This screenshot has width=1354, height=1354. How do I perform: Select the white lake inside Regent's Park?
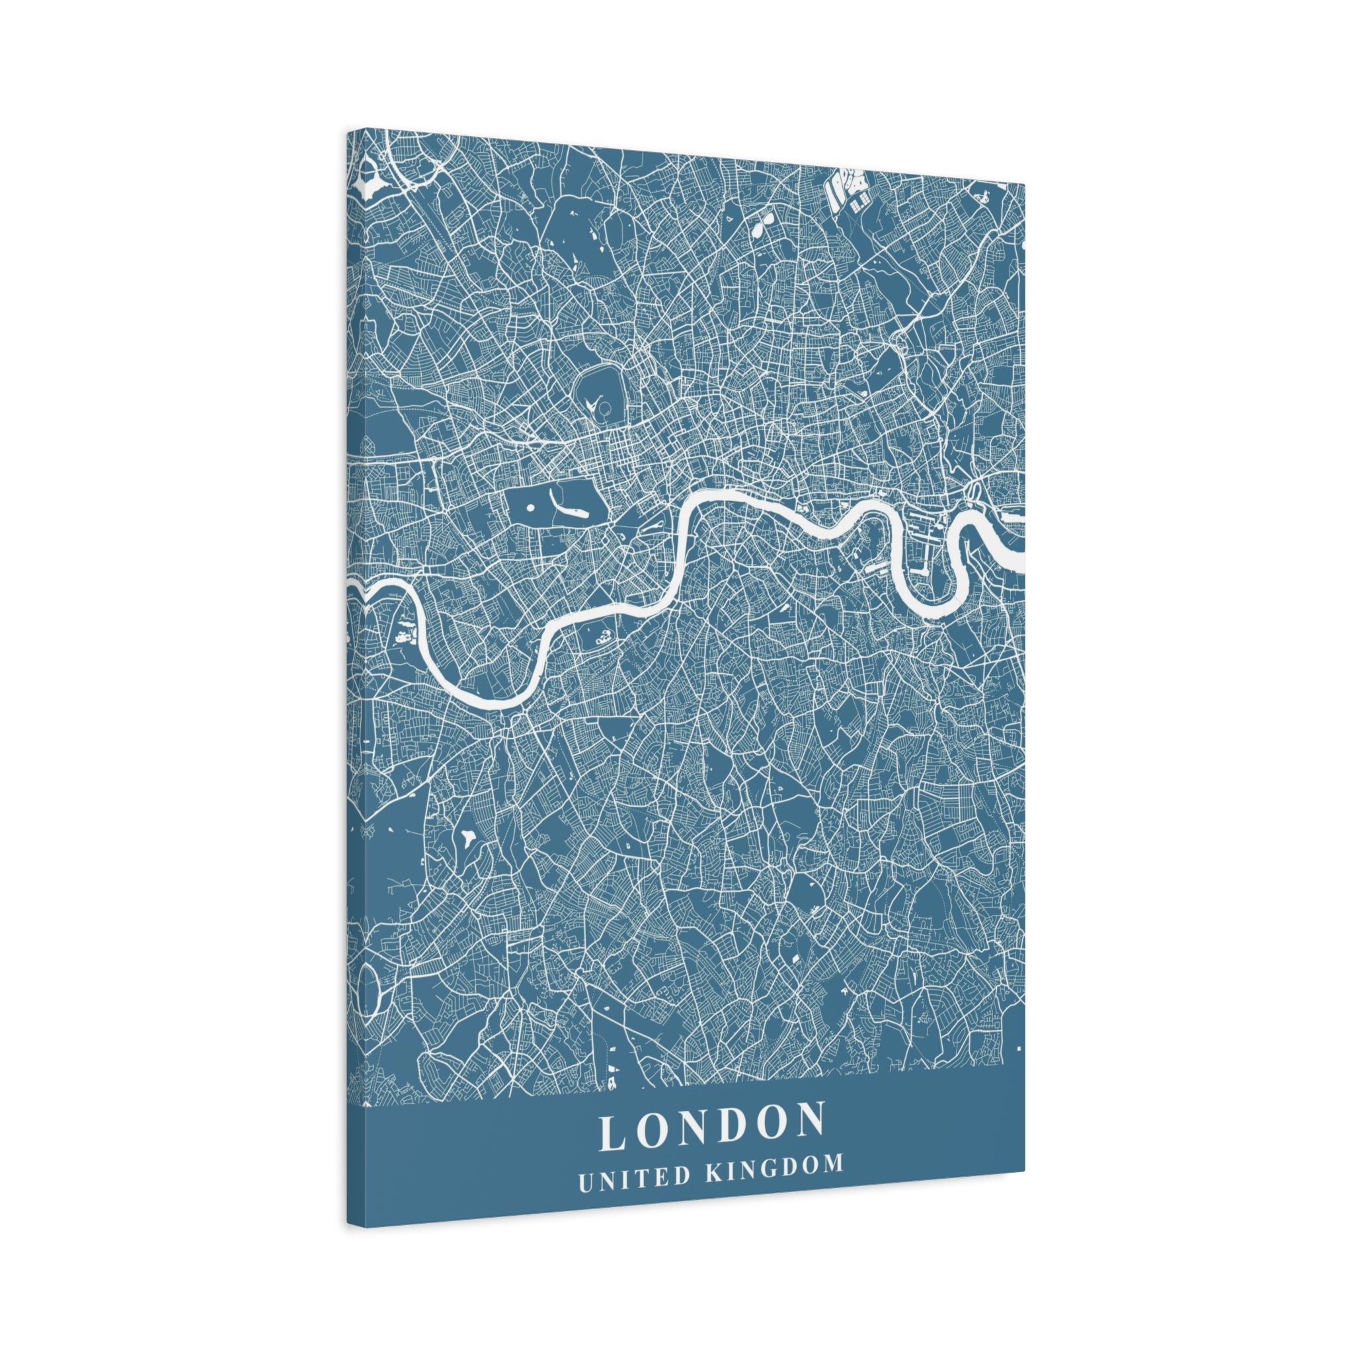coord(600,406)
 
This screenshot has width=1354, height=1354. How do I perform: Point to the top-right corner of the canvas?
coord(1024,185)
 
